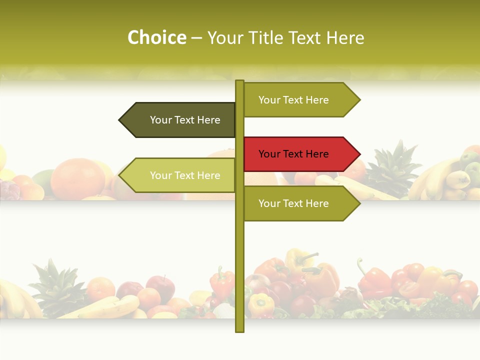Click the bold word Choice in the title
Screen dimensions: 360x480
[156, 38]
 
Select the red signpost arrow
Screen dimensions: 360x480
[300, 154]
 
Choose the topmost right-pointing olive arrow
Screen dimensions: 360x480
[300, 100]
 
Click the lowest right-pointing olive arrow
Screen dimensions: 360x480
[300, 203]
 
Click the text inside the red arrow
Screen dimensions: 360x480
[293, 154]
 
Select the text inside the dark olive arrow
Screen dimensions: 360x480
[185, 120]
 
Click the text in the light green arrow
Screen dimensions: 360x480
[185, 175]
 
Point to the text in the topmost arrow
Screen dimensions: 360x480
[293, 100]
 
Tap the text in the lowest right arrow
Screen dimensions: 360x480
[293, 203]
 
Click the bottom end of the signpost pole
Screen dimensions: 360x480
[239, 330]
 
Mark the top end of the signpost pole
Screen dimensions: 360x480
[239, 82]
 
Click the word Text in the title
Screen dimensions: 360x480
[305, 38]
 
